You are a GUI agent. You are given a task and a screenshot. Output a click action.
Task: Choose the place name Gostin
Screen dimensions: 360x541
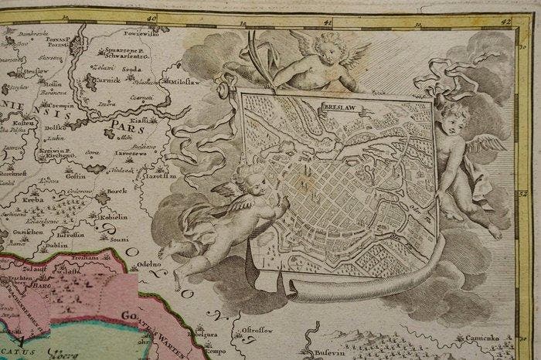[75, 176]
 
